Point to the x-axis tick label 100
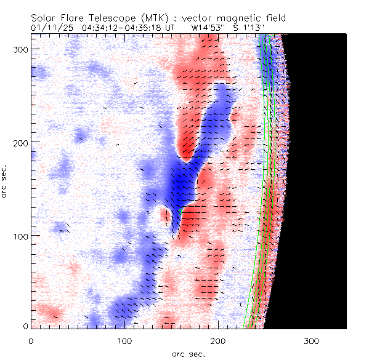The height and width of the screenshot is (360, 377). click(125, 340)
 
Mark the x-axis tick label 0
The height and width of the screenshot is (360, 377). click(31, 340)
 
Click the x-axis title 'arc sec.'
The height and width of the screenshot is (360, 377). click(188, 354)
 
